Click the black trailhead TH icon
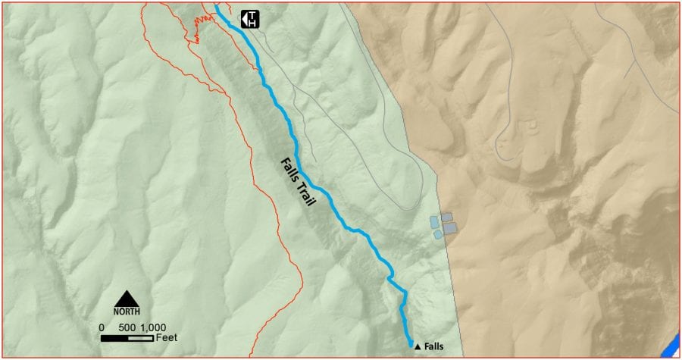point(250,19)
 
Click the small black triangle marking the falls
point(417,346)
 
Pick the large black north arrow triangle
point(127,298)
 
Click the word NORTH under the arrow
point(127,311)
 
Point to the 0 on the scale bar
point(102,327)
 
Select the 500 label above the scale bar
point(127,327)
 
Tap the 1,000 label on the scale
point(152,327)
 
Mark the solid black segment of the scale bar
point(114,337)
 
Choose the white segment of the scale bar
point(140,337)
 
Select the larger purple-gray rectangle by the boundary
point(450,227)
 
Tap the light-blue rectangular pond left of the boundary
point(434,221)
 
